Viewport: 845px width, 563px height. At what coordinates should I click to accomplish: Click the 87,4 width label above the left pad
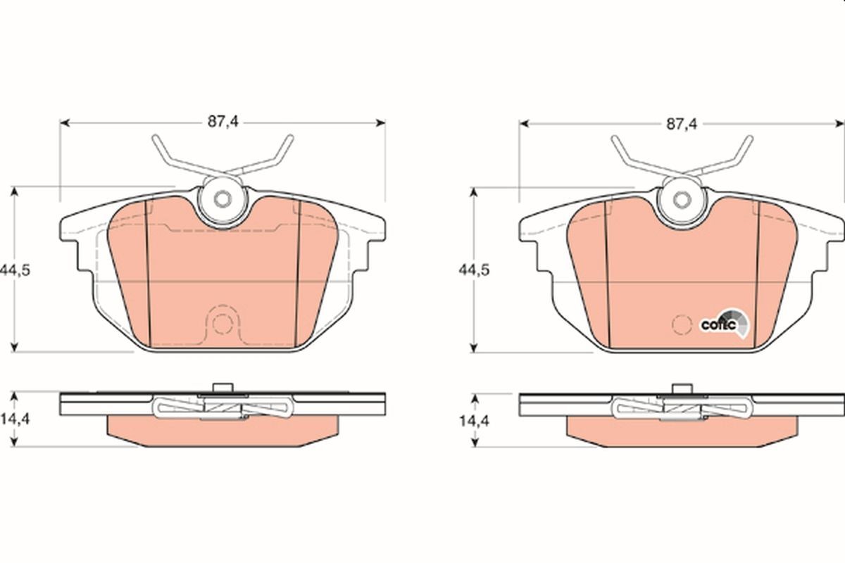click(223, 122)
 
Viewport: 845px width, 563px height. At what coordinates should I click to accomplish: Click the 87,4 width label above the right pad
click(682, 124)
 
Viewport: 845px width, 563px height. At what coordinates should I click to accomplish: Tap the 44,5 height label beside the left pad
click(15, 270)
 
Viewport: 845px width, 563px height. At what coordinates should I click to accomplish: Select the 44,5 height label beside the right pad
click(474, 270)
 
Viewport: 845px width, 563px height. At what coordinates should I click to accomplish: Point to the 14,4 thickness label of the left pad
click(15, 419)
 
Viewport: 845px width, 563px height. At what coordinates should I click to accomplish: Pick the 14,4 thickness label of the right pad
click(474, 421)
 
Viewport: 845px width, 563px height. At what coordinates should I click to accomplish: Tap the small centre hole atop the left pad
click(223, 198)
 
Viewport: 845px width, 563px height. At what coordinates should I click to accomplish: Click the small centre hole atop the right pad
click(682, 200)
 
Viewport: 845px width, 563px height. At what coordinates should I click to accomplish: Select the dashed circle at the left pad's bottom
click(223, 324)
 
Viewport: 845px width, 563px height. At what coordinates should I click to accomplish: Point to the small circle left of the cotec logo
click(682, 324)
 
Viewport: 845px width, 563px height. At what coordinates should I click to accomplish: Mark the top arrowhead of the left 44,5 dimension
click(14, 192)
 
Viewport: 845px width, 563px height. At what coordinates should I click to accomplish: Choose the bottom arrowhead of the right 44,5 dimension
click(474, 348)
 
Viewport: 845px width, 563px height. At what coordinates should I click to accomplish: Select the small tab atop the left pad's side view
click(223, 388)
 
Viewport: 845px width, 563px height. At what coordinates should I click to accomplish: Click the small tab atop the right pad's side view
click(682, 389)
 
